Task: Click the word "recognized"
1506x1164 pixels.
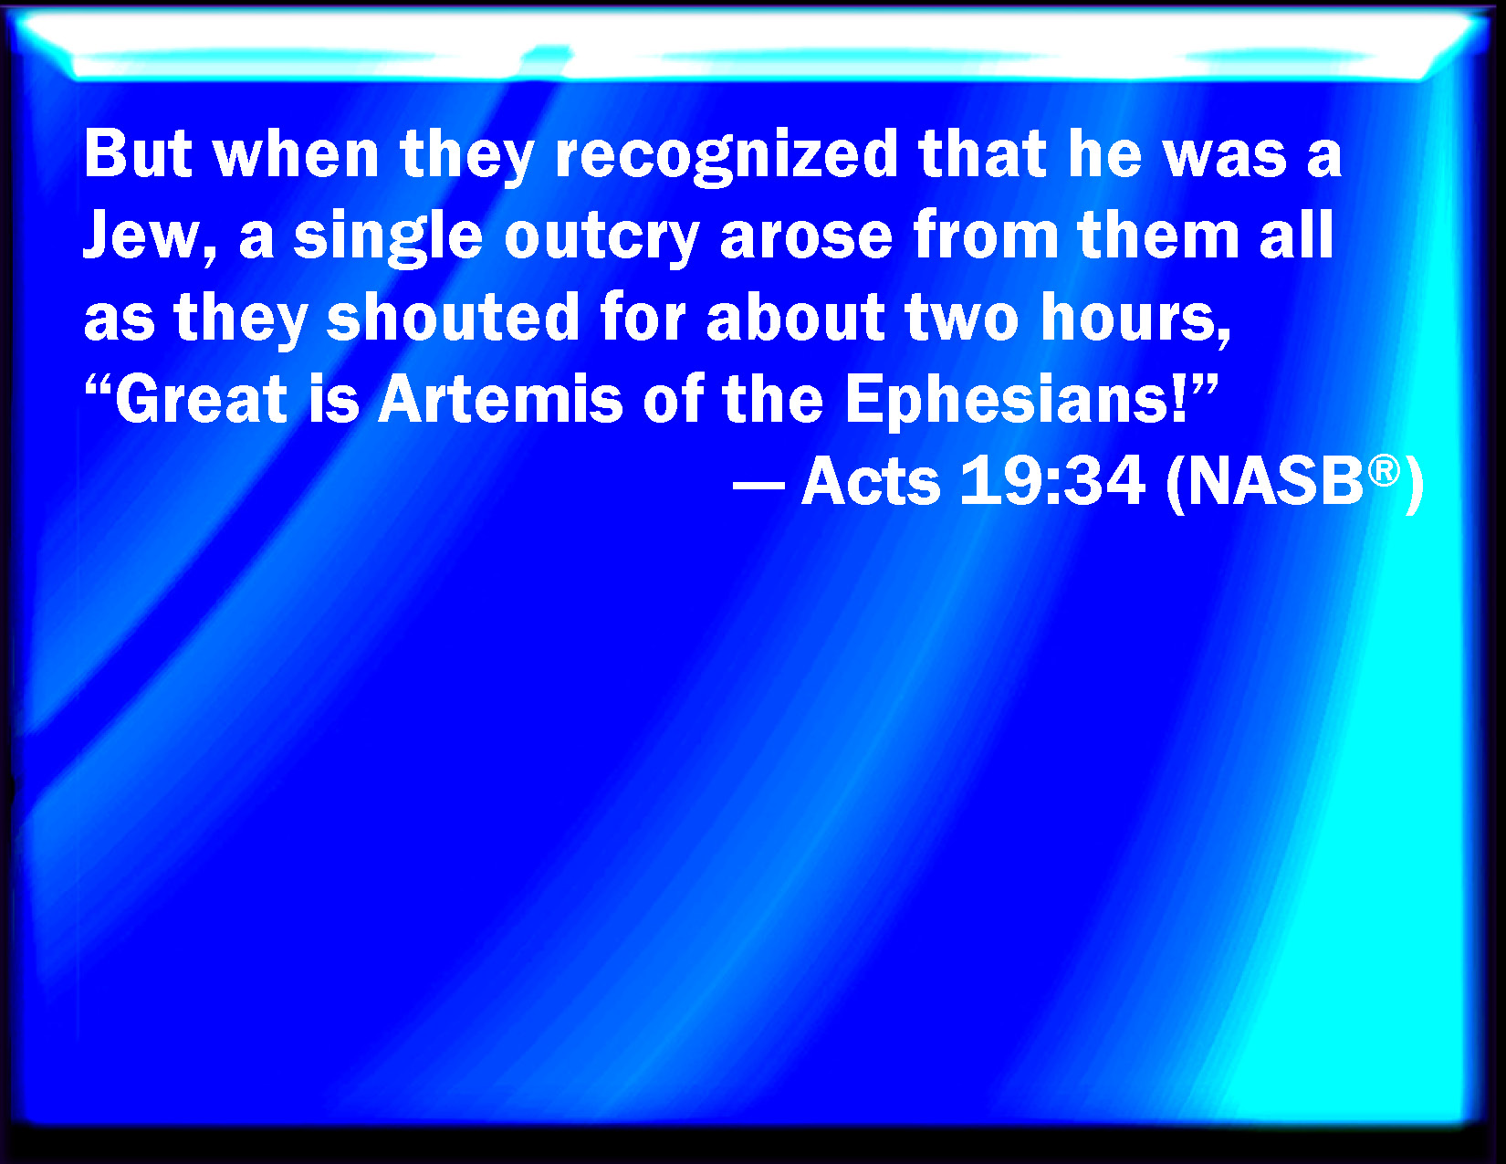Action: (727, 155)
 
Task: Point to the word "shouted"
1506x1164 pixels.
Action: (453, 317)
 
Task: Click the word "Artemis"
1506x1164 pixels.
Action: (500, 399)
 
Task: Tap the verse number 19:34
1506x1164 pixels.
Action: (1052, 481)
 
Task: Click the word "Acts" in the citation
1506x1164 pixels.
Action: (871, 481)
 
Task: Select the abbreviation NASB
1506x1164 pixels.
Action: (1276, 482)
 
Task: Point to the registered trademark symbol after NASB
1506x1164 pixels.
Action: (1384, 471)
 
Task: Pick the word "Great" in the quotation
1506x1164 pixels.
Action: (201, 399)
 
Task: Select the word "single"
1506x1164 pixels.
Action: (388, 237)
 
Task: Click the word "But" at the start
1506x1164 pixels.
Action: (138, 154)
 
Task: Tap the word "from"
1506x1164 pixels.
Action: (986, 236)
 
